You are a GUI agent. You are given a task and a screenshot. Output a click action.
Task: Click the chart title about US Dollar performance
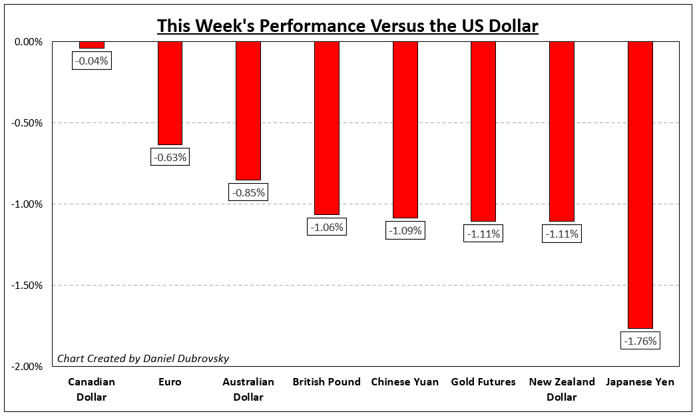[x=348, y=26]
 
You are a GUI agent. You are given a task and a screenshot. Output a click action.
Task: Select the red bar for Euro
[x=170, y=93]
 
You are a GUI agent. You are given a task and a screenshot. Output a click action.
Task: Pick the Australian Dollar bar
[x=248, y=110]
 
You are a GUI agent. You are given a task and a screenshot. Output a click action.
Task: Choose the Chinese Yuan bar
[x=405, y=130]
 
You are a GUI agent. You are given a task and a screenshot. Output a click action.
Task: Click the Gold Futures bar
[x=483, y=131]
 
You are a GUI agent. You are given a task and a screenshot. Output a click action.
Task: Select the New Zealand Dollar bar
[x=562, y=131]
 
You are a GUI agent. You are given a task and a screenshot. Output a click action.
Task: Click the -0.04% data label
[x=91, y=61]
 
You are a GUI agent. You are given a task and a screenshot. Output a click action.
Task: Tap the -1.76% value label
[x=640, y=341]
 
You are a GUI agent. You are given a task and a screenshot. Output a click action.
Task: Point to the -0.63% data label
[x=170, y=158]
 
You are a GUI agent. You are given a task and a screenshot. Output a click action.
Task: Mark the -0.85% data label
[x=248, y=193]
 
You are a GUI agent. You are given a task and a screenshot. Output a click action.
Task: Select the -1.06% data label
[x=327, y=227]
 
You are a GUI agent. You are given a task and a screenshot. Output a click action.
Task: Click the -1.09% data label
[x=405, y=231]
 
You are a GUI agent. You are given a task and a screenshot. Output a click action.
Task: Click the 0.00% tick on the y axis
[x=27, y=42]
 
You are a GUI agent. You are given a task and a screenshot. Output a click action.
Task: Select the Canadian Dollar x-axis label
[x=91, y=389]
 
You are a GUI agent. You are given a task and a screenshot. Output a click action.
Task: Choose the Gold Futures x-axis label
[x=483, y=382]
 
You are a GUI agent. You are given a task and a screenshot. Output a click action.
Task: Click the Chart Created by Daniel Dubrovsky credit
[x=143, y=359]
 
